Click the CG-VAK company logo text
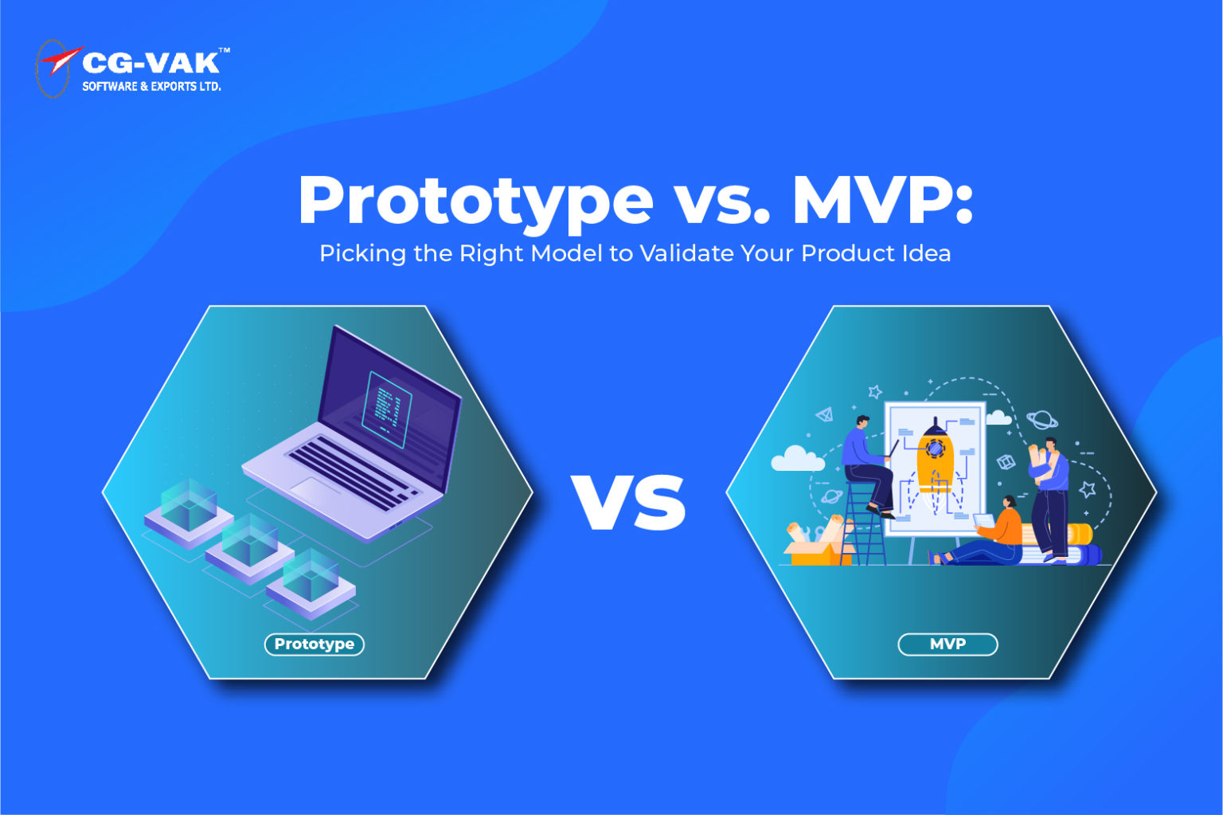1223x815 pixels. pos(150,64)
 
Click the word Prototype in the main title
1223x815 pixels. pos(475,200)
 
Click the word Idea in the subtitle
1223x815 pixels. pos(927,253)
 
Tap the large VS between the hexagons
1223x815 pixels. pos(629,502)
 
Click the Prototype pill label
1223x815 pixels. pos(314,644)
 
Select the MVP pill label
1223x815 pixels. pos(948,644)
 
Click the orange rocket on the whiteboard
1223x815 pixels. pos(934,462)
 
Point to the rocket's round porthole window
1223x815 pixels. pos(935,449)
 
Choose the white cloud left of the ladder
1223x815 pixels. pos(796,459)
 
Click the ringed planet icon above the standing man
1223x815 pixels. pos(1041,418)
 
